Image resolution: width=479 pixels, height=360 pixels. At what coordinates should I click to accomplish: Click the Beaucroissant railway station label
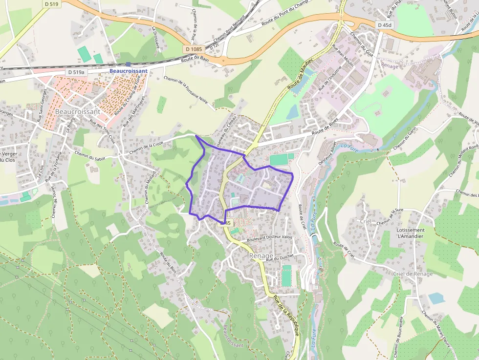coord(129,71)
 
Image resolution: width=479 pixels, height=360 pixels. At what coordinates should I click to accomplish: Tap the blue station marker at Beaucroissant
coord(128,64)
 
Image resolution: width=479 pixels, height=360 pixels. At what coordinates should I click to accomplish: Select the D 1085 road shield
coord(194,49)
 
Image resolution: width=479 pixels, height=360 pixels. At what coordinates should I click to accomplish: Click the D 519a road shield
coord(76,72)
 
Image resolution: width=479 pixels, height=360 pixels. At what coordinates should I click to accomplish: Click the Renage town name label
coord(261,255)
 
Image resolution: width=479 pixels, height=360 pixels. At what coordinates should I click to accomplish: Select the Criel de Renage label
coord(413,274)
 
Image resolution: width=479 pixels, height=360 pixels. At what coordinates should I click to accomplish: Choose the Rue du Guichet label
coord(279,258)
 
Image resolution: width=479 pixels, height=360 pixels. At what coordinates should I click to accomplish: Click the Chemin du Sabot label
coord(90,154)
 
